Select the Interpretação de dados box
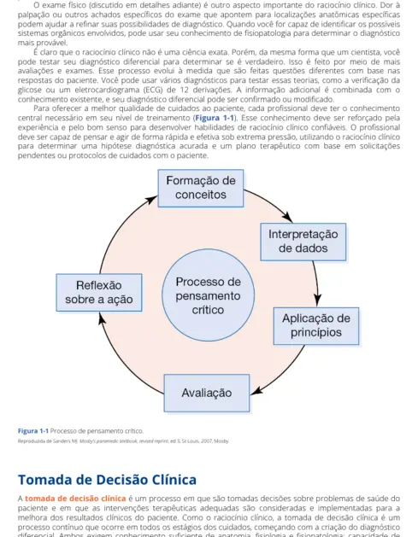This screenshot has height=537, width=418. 303,241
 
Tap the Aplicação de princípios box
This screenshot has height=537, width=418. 316,325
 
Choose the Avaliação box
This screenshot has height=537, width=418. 207,393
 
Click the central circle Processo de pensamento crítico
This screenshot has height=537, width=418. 208,295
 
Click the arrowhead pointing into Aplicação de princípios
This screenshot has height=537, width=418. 318,300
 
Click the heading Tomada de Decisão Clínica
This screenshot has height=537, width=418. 107,479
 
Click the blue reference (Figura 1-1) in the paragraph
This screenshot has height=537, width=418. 212,118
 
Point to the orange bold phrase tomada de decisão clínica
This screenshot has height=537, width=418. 75,497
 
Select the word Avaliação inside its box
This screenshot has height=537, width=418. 207,393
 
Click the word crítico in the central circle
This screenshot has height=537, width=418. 208,310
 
